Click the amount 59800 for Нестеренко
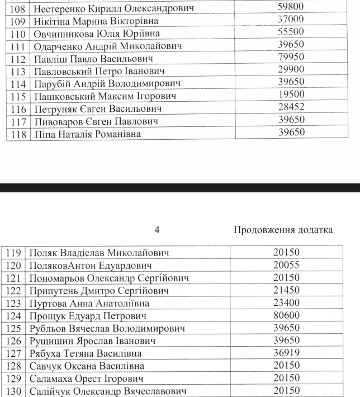(290, 8)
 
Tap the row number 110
(19, 34)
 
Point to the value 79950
(290, 59)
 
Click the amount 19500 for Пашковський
(290, 96)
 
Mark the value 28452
(290, 108)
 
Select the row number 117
(19, 121)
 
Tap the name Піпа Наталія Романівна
(87, 134)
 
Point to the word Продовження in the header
(258, 230)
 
